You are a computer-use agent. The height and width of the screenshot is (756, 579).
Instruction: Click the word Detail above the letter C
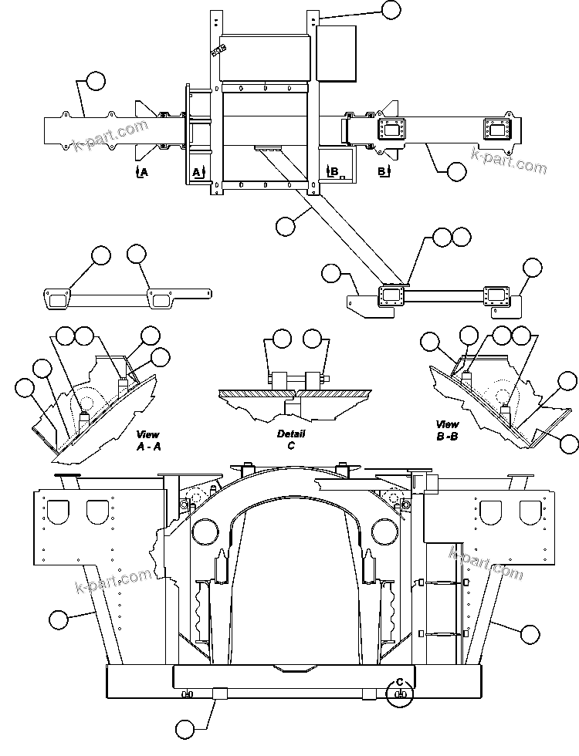point(291,434)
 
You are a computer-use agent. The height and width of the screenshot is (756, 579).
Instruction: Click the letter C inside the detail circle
point(400,681)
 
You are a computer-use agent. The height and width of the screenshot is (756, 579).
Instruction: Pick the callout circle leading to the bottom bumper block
point(185,727)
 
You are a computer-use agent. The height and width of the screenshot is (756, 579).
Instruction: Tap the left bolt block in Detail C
point(279,381)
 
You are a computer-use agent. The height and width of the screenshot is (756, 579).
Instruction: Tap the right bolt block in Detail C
point(313,381)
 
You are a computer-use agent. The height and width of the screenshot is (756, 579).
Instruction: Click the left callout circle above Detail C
point(282,338)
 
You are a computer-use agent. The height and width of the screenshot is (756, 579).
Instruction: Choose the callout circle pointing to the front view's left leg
point(58,618)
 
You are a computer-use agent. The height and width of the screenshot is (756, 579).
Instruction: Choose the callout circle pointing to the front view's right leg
point(529,634)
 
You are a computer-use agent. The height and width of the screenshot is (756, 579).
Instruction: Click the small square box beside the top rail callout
point(336,52)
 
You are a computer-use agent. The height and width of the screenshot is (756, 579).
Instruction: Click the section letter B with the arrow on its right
point(382,170)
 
